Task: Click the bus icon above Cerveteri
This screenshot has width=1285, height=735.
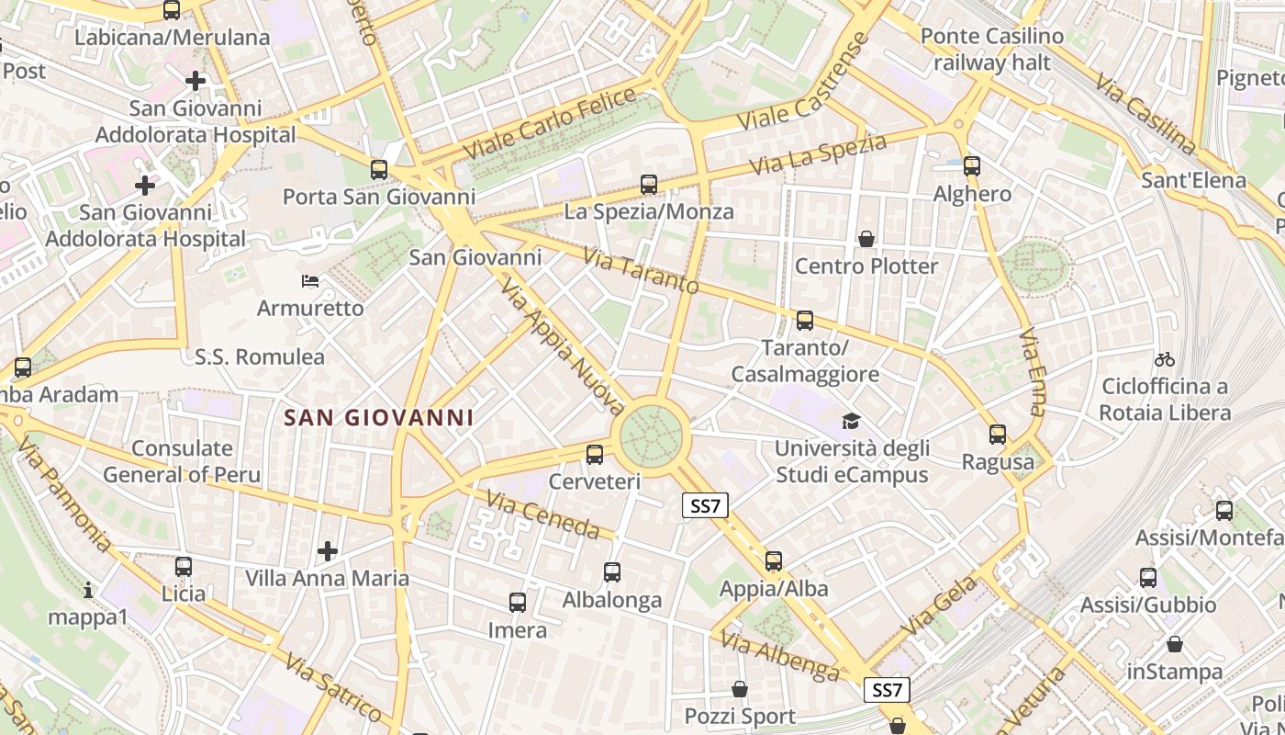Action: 595,454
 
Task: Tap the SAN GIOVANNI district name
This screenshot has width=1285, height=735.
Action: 379,417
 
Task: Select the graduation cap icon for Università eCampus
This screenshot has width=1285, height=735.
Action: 852,421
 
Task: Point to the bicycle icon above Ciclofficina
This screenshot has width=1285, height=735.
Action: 1165,359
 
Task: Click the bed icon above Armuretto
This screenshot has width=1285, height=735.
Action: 310,280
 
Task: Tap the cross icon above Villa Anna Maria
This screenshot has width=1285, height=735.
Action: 328,551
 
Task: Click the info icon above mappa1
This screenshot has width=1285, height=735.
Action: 88,589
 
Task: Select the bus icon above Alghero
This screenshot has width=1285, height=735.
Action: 972,166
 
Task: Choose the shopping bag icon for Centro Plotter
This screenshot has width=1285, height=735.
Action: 866,239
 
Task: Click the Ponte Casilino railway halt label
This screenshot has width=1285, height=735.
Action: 992,50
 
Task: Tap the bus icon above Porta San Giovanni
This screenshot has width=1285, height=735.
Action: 379,169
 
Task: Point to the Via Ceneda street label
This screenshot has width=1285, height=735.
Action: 543,514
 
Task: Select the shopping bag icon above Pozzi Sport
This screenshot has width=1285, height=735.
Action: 740,689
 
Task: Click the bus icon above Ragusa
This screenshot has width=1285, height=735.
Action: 998,435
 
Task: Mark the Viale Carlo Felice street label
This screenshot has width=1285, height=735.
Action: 549,123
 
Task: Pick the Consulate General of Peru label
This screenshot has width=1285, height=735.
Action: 182,461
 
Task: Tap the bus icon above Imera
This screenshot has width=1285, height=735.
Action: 518,603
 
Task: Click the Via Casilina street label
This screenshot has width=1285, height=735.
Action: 1145,112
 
